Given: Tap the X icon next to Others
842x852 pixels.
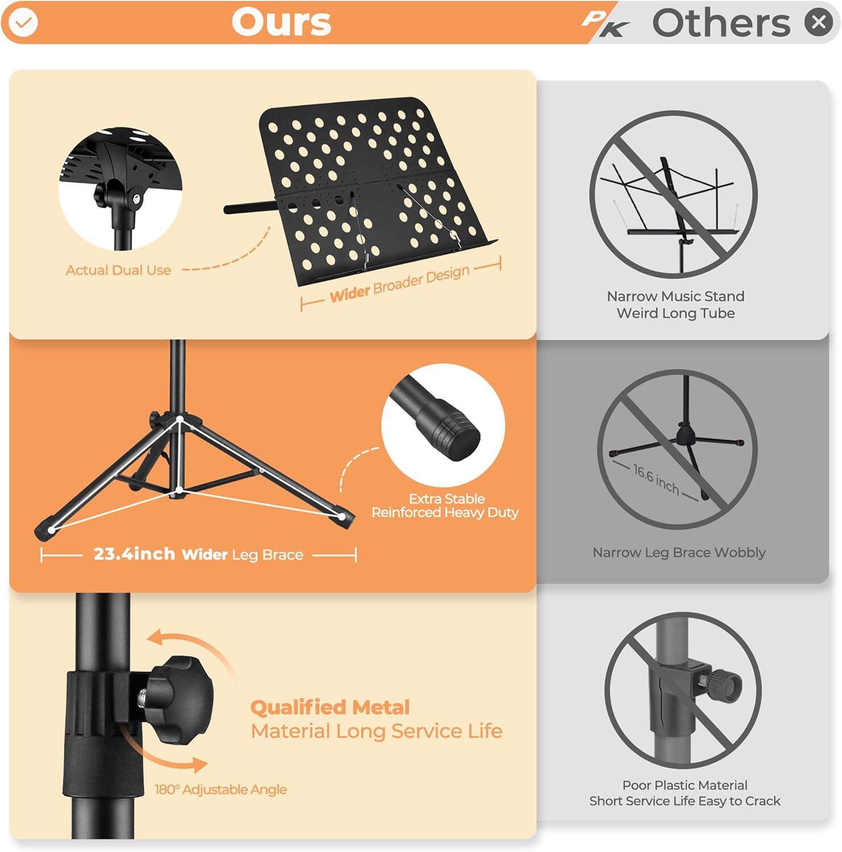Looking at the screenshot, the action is tap(819, 22).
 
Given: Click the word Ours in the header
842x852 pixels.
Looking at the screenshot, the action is tap(281, 23).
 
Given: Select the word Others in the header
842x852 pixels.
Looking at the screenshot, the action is tap(721, 23).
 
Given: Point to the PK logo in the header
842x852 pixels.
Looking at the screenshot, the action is tap(606, 24).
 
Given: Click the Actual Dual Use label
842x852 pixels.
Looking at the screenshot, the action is tap(118, 270).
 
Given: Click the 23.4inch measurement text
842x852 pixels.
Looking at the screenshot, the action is tap(134, 553).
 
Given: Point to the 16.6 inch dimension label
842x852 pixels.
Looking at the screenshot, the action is tap(656, 479).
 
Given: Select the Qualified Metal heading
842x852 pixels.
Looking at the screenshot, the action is tap(330, 707).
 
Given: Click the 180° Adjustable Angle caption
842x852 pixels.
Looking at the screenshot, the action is tap(220, 790).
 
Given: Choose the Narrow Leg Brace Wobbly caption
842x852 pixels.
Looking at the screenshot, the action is tap(679, 553).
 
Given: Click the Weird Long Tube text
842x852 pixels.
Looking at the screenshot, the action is tap(676, 313).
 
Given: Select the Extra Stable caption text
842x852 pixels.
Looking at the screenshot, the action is tap(447, 499).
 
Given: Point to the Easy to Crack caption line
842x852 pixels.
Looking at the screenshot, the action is tap(685, 801).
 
